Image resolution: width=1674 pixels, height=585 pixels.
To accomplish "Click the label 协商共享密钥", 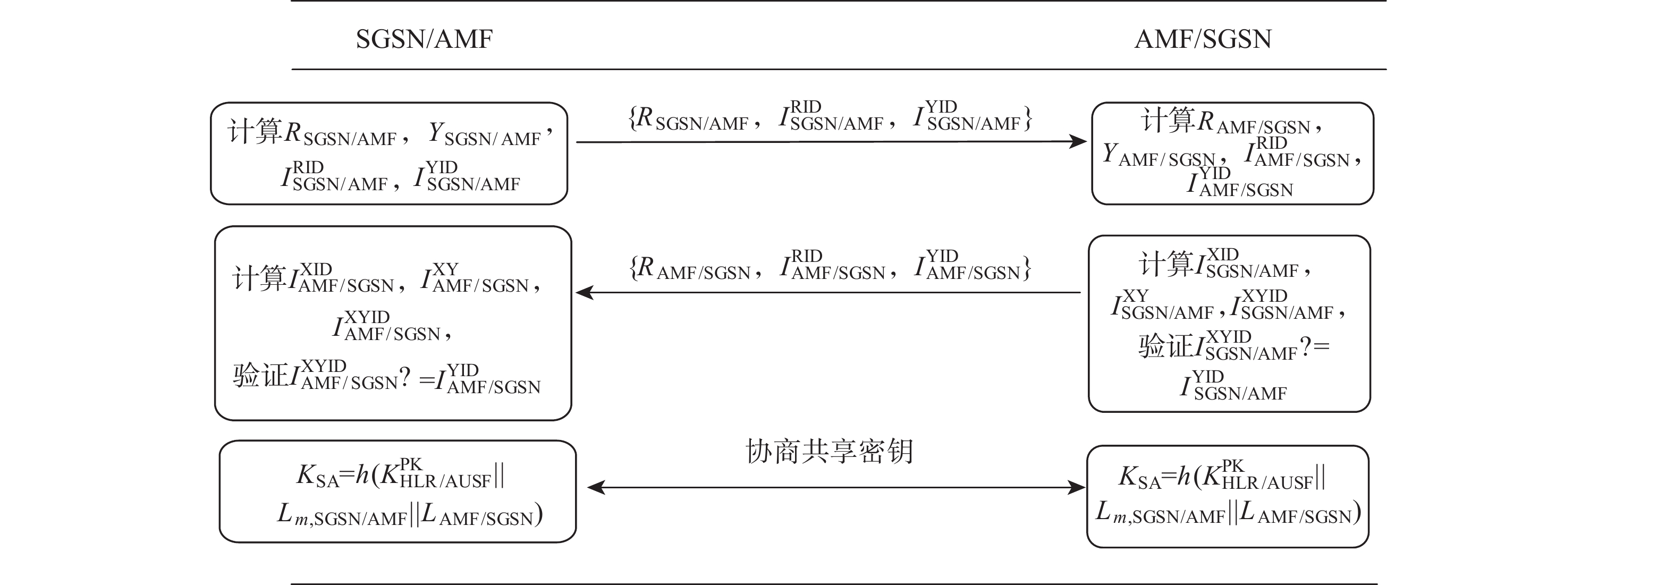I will [829, 451].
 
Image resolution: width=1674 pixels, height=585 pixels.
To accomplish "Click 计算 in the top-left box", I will [255, 131].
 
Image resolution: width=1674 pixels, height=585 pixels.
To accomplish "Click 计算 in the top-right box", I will [1168, 120].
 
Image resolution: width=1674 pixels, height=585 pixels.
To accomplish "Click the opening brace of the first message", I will [632, 119].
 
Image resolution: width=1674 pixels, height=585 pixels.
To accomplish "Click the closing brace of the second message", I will [1026, 268].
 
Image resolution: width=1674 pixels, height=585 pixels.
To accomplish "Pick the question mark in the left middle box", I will [404, 377].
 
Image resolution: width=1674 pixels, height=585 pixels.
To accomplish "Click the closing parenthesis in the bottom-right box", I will [1356, 513].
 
